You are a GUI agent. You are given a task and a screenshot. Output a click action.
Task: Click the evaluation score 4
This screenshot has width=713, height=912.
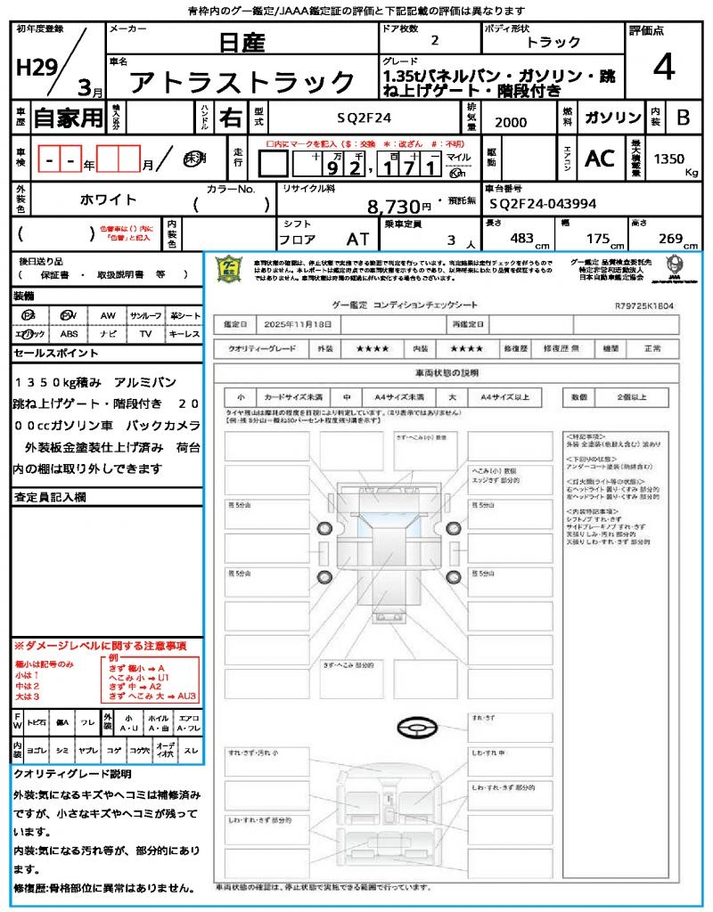pyautogui.click(x=662, y=68)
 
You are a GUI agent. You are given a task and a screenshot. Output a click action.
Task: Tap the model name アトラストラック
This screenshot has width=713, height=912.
pyautogui.click(x=242, y=83)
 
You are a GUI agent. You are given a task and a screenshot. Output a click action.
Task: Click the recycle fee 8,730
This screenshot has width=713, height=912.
pyautogui.click(x=394, y=207)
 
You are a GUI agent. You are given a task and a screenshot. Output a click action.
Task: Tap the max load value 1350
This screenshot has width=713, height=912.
pyautogui.click(x=669, y=159)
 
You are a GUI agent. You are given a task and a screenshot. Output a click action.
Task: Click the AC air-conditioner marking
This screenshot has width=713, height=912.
pyautogui.click(x=600, y=159)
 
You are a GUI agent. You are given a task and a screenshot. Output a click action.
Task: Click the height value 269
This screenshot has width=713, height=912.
pyautogui.click(x=668, y=239)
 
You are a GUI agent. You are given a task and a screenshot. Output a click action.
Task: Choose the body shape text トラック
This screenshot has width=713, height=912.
pyautogui.click(x=553, y=42)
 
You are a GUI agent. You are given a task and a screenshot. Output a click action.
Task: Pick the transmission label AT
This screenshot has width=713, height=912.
pyautogui.click(x=357, y=240)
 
